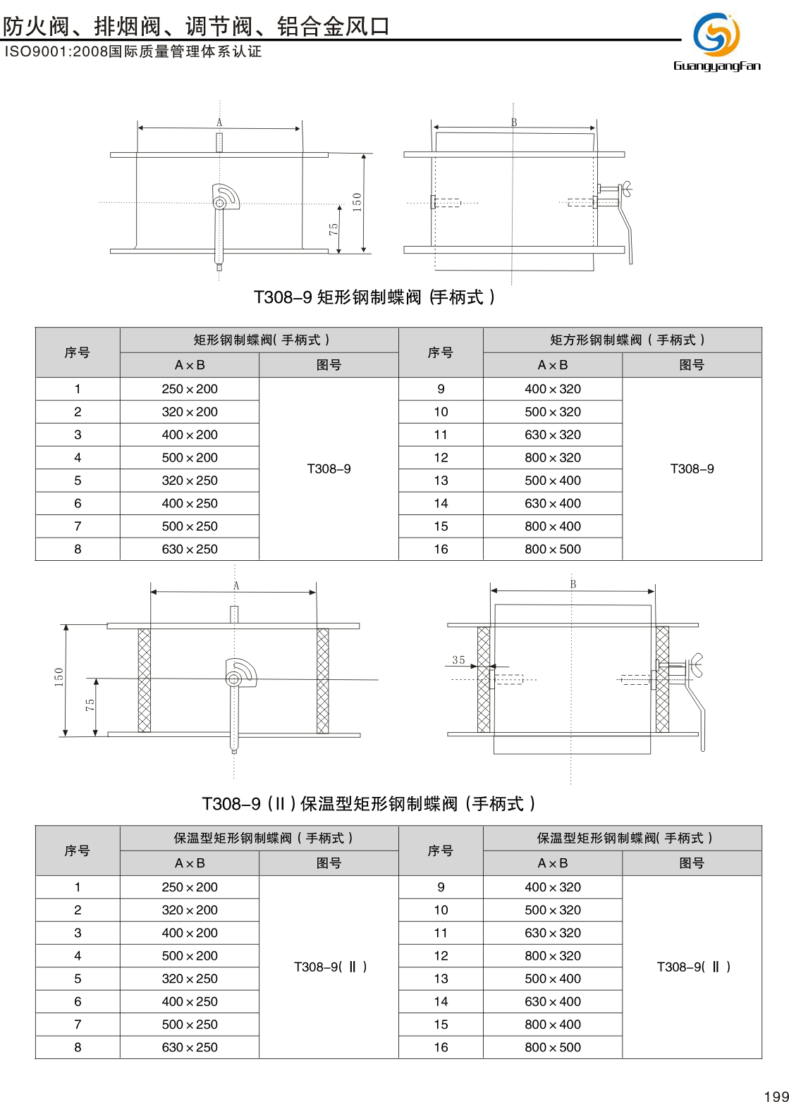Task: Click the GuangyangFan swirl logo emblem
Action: coord(716,34)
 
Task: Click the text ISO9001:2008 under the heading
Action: coord(55,52)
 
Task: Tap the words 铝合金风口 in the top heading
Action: coord(334,26)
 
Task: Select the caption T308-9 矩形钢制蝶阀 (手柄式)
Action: coord(374,297)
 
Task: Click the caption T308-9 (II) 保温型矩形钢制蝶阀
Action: coord(369,804)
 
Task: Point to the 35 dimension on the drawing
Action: coord(458,660)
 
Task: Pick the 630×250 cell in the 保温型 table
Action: coord(190,1047)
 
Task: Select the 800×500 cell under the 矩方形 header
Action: coord(553,549)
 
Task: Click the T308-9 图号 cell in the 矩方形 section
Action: coord(692,469)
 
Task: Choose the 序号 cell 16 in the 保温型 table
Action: coord(441,1047)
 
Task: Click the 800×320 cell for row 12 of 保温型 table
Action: coord(553,955)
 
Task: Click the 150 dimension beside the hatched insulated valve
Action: coord(59,676)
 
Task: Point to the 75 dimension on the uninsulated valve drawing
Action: coord(334,229)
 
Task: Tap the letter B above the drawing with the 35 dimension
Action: coord(573,584)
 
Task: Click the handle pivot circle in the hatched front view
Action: coord(234,679)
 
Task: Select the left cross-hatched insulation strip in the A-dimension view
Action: coord(145,680)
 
